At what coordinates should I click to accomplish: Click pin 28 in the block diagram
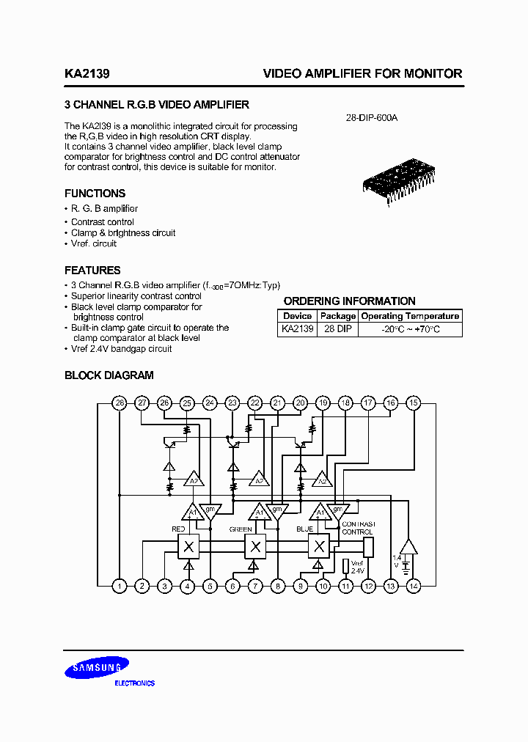[x=120, y=403]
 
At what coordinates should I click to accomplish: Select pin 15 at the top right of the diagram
[x=414, y=403]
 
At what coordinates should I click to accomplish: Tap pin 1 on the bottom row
[x=120, y=586]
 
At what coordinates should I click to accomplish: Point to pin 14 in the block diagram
[x=414, y=586]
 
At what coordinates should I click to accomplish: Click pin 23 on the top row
[x=232, y=403]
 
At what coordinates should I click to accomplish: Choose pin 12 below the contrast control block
[x=368, y=586]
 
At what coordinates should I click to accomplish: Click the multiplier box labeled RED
[x=188, y=546]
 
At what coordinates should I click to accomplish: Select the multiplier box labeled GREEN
[x=254, y=546]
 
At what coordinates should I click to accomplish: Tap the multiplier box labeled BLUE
[x=319, y=546]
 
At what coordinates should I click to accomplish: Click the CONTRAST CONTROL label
[x=358, y=528]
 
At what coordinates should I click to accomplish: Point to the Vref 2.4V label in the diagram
[x=357, y=566]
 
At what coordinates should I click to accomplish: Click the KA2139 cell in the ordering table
[x=297, y=330]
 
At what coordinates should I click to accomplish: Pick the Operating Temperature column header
[x=411, y=316]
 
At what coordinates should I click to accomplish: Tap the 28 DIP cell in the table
[x=337, y=330]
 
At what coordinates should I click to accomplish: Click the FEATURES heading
[x=92, y=271]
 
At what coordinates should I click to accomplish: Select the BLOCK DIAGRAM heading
[x=109, y=375]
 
